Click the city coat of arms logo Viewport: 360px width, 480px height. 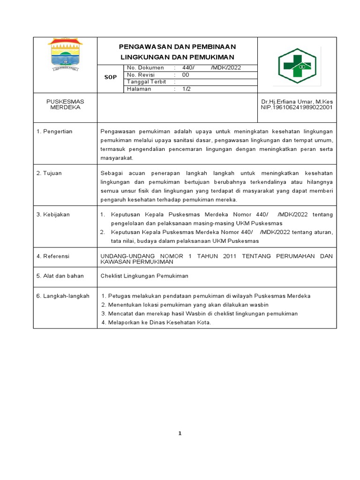65,54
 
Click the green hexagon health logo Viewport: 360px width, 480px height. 297,66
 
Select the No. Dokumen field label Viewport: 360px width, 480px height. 145,67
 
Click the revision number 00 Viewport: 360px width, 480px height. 186,75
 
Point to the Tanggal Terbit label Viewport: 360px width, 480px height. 147,82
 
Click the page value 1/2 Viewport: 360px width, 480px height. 187,89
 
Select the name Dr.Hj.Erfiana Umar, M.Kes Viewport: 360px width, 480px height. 297,101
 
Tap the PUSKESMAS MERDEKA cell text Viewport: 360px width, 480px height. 65,104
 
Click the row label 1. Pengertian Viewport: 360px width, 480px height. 54,131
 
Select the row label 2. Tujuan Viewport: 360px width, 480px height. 49,173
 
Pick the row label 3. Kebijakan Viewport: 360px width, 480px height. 53,214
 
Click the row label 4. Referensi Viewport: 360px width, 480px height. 53,256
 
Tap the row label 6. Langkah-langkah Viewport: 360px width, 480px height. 63,296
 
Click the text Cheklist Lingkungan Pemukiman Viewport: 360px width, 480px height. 144,276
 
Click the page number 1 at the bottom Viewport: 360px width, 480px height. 180,433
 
